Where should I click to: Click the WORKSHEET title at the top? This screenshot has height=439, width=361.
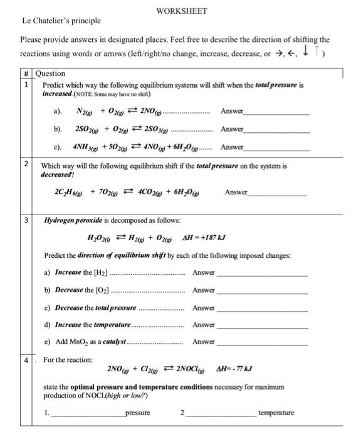tap(181, 11)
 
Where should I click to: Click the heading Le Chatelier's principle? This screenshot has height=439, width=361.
tap(61, 21)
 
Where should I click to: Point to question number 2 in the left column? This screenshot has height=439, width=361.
tap(26, 164)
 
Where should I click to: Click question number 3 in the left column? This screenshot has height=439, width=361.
tap(26, 221)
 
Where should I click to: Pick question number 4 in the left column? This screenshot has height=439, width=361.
tap(26, 360)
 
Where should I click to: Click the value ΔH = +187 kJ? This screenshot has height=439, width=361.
tap(203, 240)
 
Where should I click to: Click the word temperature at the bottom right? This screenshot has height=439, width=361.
tap(277, 413)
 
